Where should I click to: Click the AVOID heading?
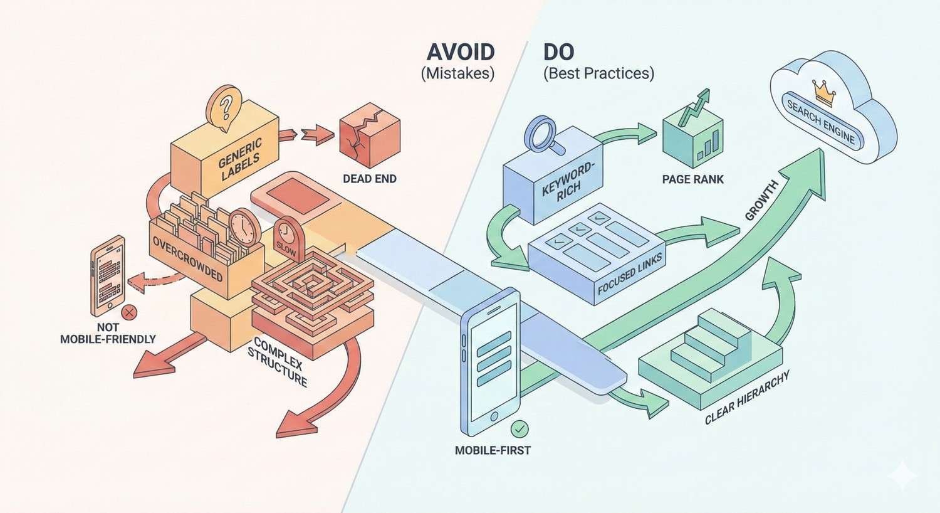460,51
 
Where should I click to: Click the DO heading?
559,51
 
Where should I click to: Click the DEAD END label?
369,179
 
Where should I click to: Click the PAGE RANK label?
692,179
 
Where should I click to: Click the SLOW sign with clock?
286,238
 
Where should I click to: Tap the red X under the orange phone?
129,312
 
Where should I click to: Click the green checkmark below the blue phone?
520,429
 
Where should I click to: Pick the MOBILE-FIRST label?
493,450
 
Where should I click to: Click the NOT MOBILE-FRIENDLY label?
108,333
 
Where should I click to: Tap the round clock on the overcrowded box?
243,226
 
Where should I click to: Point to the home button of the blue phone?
492,416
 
